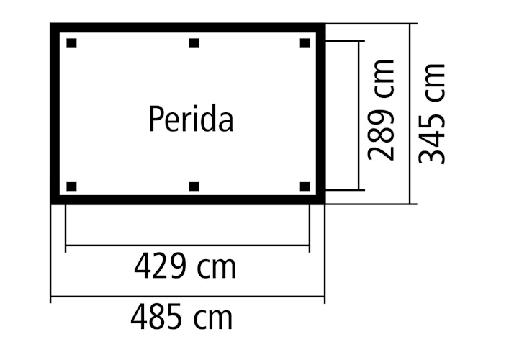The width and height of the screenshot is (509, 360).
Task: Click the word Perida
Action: (191, 120)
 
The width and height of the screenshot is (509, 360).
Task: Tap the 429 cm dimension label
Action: (184, 267)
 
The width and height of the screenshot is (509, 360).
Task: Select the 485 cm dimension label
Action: (181, 317)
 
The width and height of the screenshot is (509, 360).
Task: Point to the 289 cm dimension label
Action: (381, 109)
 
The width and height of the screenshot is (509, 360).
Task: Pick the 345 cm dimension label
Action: (433, 113)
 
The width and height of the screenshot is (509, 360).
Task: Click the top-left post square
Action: (71, 43)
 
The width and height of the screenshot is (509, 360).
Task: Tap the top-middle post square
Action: (194, 43)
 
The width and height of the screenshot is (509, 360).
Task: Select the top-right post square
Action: (305, 43)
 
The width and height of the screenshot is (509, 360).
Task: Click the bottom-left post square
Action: (71, 187)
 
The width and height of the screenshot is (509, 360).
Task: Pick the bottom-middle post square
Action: (194, 187)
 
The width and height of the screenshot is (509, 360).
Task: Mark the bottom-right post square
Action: (305, 187)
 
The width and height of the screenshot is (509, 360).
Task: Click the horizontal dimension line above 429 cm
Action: (187, 246)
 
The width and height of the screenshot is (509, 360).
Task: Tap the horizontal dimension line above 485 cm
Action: (187, 296)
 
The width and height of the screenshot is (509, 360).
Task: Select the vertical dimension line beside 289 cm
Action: (358, 115)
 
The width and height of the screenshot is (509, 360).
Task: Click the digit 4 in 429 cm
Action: (142, 267)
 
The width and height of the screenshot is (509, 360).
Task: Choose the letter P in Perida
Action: (155, 120)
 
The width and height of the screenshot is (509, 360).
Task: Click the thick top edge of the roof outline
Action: (187, 28)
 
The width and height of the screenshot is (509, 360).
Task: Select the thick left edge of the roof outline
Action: (55, 115)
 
